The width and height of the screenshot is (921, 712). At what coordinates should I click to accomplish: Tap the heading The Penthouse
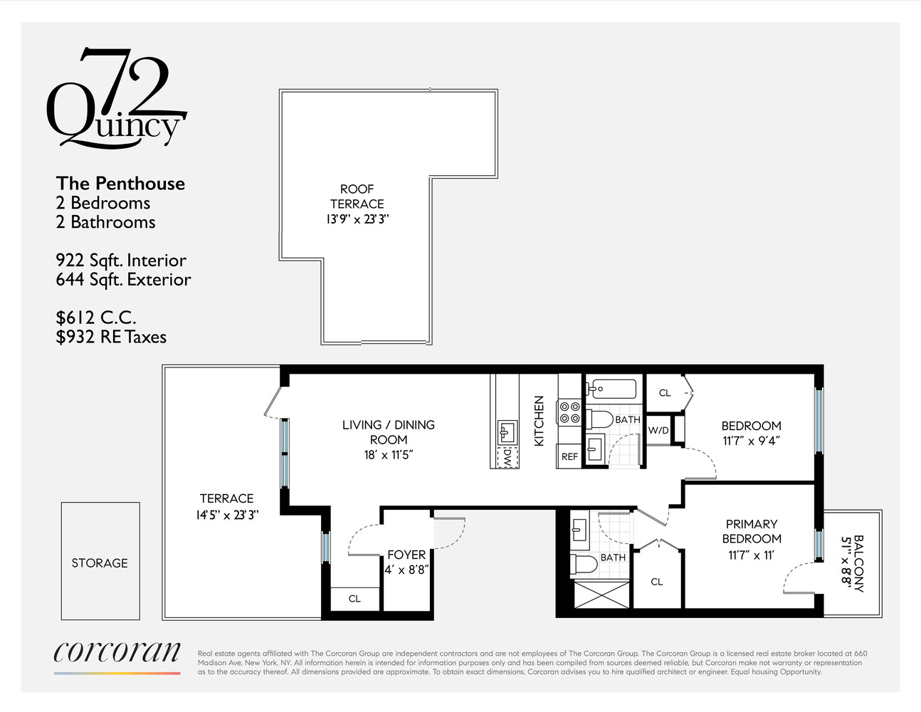click(120, 184)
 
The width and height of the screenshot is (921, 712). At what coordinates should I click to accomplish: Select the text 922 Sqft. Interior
click(121, 261)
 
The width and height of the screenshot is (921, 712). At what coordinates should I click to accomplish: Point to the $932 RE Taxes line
click(111, 337)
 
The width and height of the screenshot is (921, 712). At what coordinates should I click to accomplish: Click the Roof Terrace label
click(357, 196)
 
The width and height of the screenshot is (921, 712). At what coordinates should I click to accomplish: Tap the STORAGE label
click(100, 562)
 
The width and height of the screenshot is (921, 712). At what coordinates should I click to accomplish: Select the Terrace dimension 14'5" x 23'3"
click(227, 514)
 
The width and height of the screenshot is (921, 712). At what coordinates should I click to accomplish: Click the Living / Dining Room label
click(388, 432)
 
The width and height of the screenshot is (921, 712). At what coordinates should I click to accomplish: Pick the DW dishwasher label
click(507, 457)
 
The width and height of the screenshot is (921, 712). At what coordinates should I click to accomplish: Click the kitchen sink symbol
click(506, 432)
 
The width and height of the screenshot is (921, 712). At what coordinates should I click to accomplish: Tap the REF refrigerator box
click(569, 456)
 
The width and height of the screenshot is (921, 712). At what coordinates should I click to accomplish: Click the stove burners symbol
click(569, 413)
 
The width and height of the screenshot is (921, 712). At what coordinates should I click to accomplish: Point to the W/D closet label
click(658, 430)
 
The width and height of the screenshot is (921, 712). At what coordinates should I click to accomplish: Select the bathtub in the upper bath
click(611, 389)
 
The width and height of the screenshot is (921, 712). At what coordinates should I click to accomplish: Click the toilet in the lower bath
click(585, 565)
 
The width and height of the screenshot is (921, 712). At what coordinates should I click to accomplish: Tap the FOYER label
click(406, 555)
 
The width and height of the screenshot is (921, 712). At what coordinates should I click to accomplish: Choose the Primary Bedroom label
click(752, 531)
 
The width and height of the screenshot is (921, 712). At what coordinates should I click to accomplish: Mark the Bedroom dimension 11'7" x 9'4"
click(752, 441)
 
